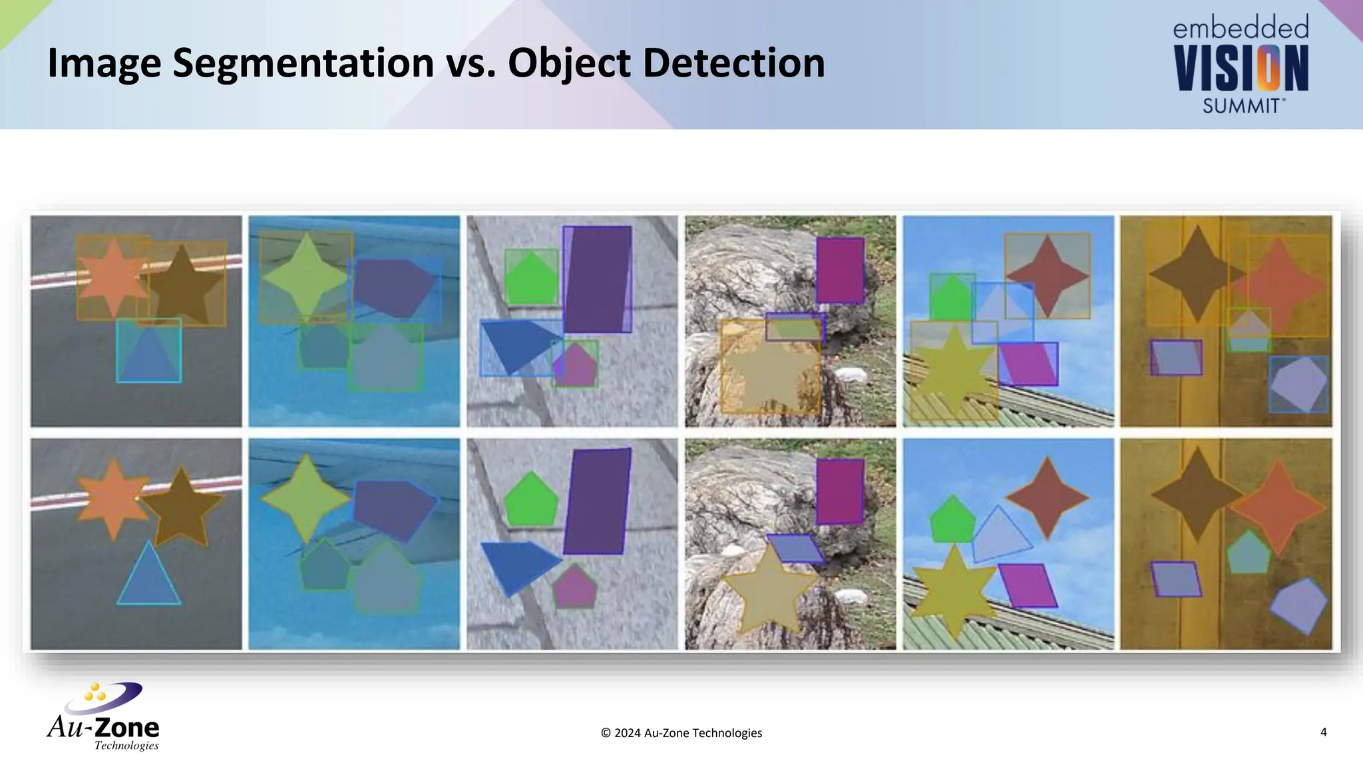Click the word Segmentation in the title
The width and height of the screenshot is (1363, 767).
pos(303,63)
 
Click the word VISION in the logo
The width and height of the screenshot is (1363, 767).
pos(1241,69)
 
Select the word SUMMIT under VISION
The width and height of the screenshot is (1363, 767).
pos(1242,106)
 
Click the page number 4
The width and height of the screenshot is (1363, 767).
pos(1323,732)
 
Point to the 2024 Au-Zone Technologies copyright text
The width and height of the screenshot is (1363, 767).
pos(681,733)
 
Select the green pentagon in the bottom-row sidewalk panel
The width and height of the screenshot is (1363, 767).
pos(530,501)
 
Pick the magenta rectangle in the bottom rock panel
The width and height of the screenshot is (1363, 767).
pos(840,491)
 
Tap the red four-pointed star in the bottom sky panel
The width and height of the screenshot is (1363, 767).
pos(1048,498)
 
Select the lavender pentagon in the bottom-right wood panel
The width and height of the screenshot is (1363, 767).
pos(1298,605)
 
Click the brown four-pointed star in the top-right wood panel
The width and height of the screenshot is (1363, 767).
pos(1197,274)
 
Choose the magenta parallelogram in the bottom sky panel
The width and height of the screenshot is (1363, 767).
pos(1027,585)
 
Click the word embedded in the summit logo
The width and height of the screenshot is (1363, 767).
pos(1241,28)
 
